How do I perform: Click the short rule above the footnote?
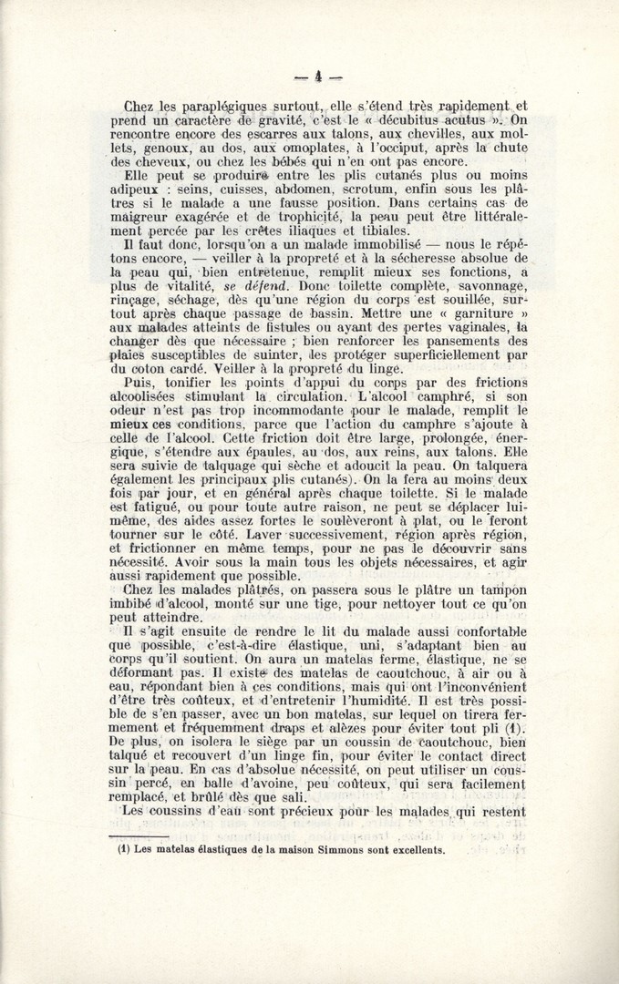click(139, 835)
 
